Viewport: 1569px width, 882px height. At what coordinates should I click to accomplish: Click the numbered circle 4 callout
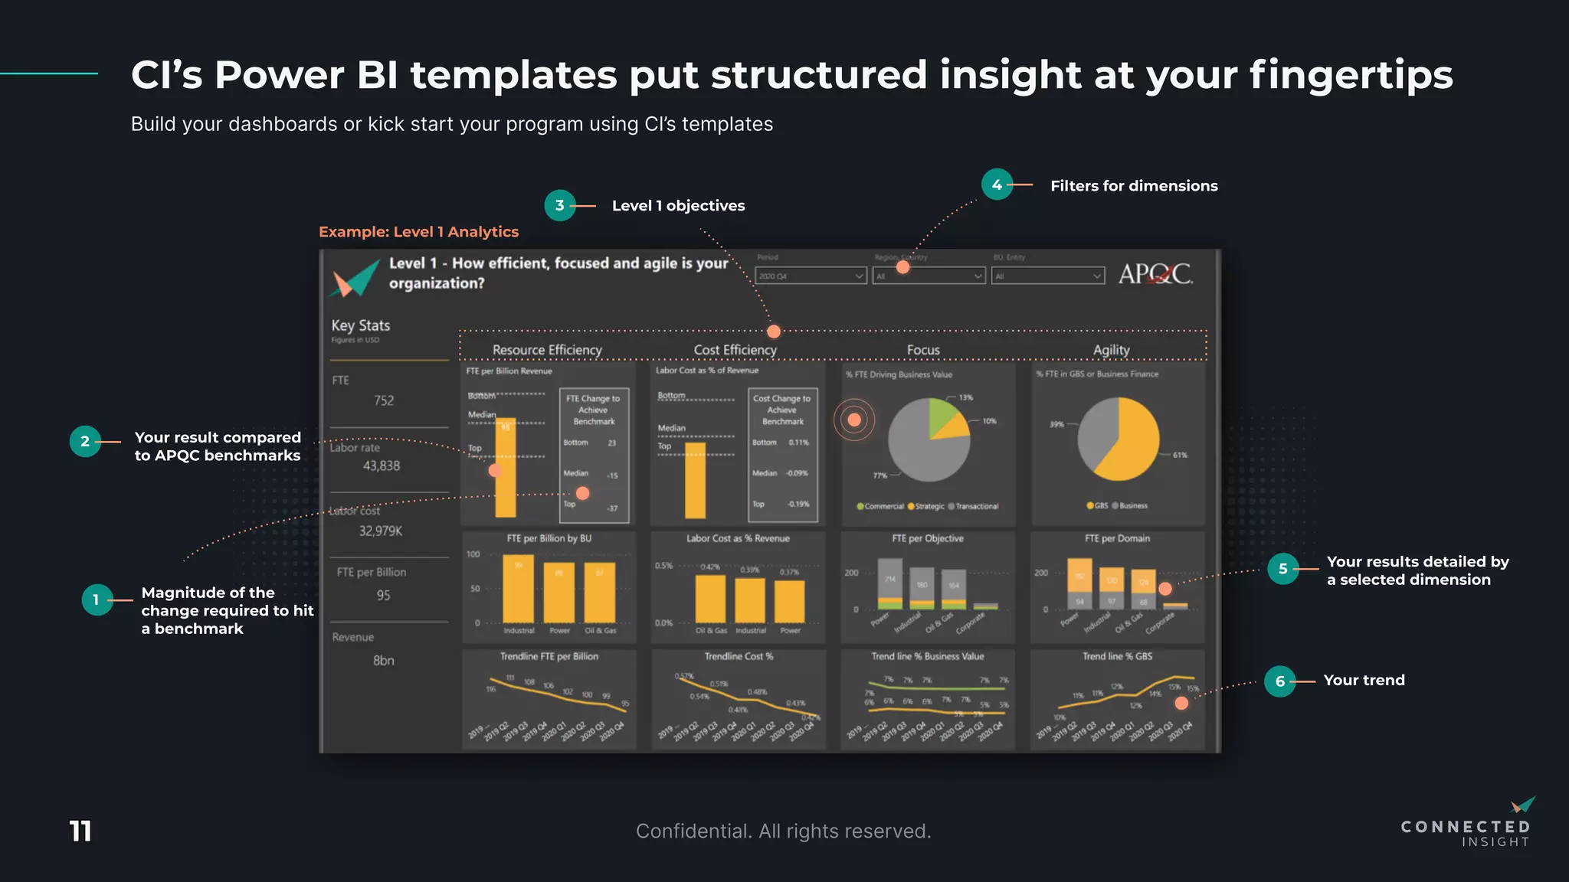(x=997, y=185)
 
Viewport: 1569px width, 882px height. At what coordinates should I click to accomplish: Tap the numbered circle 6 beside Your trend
(x=1279, y=681)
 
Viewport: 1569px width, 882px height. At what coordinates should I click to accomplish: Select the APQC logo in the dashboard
(x=1155, y=274)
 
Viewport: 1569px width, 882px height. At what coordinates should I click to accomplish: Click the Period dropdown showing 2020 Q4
(x=811, y=276)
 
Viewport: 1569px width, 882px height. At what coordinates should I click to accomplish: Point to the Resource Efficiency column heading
(x=547, y=350)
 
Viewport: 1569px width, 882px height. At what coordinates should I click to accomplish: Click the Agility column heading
(x=1111, y=350)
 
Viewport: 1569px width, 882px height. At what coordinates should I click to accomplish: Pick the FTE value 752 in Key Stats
(x=384, y=400)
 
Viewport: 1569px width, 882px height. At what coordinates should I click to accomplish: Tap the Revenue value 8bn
(x=383, y=660)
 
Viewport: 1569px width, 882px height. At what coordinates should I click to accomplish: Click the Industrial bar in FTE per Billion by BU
(x=519, y=588)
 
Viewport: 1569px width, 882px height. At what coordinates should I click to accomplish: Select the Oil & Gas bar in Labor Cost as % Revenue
(x=710, y=599)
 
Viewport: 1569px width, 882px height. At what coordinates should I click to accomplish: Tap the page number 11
(x=80, y=831)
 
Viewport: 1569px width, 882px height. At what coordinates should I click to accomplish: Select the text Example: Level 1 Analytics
(x=418, y=232)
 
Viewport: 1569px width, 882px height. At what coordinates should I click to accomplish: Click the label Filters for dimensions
(x=1134, y=186)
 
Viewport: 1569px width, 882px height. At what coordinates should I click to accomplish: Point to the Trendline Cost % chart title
(x=739, y=656)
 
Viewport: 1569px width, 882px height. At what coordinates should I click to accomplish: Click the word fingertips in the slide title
(x=1351, y=76)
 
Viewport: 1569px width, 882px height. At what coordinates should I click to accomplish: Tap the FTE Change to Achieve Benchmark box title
(x=594, y=410)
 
